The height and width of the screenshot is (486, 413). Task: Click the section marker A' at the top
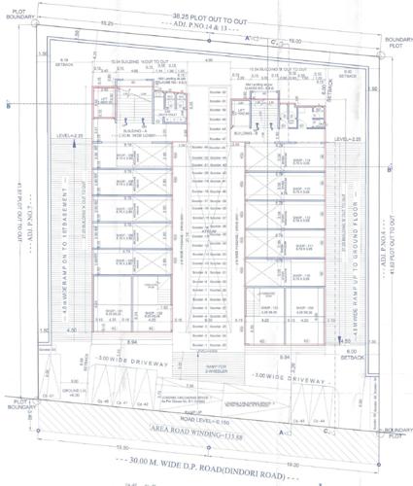pos(249,38)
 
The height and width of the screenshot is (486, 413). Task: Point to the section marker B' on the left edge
pos(9,106)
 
